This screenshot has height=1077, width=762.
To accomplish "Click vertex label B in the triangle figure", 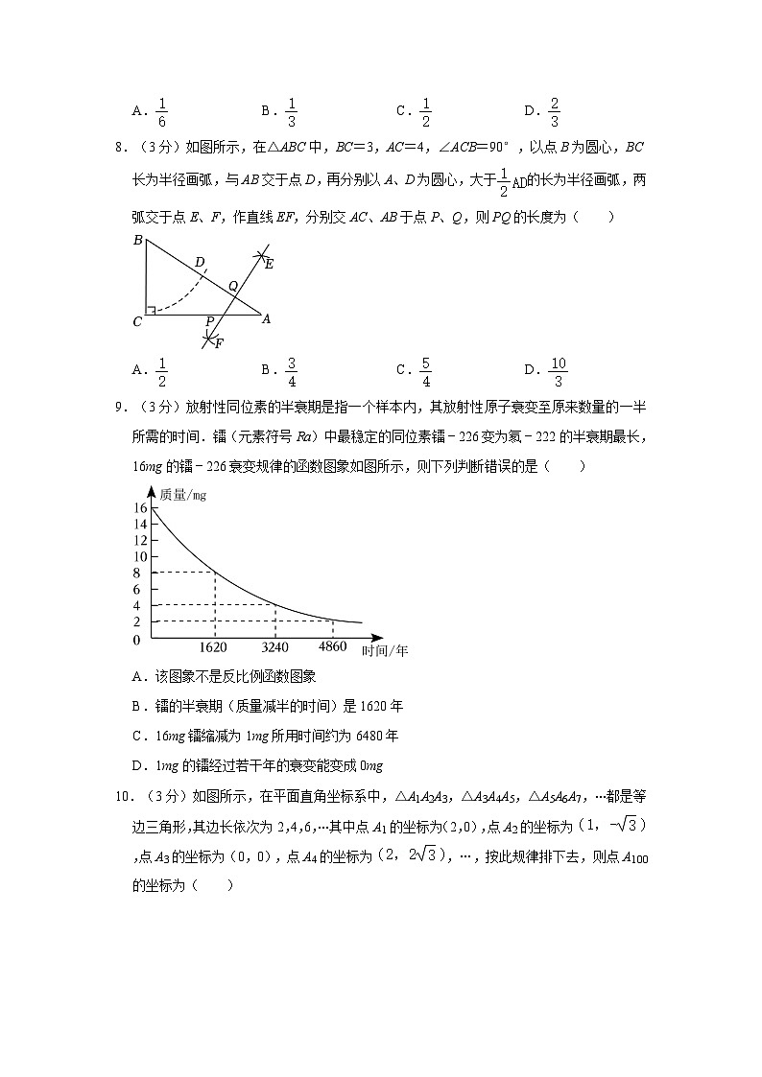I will point(138,241).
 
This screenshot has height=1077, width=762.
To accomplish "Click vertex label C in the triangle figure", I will point(137,322).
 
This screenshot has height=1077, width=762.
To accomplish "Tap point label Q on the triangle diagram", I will point(232,286).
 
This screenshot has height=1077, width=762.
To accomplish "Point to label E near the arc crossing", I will point(269,264).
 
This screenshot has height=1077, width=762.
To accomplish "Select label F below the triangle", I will point(219,342).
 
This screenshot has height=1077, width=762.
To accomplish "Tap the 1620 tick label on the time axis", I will point(214,648).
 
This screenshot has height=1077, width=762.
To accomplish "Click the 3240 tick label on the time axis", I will point(274,648).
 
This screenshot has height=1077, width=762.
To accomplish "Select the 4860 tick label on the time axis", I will point(332,648).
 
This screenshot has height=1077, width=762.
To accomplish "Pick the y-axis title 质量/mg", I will point(183,495).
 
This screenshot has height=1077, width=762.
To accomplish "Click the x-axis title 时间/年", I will point(386,650).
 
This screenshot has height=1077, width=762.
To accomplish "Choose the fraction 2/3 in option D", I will point(555,112).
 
